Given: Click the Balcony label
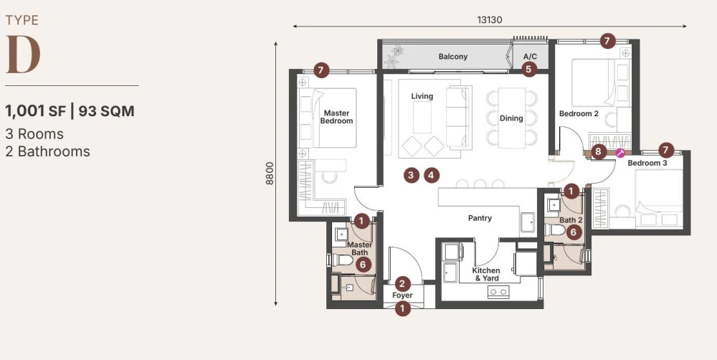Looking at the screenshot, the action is click(x=452, y=57).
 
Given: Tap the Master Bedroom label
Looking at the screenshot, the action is click(x=336, y=117).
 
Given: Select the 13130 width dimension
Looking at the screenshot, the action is click(x=490, y=19).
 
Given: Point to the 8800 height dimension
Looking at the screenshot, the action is click(x=270, y=174).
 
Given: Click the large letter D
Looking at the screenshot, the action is click(x=23, y=55).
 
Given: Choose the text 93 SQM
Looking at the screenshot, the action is click(x=107, y=111).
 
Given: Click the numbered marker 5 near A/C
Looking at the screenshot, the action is click(x=529, y=70).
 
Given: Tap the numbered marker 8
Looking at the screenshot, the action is click(x=598, y=151).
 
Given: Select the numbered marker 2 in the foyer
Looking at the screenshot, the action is click(x=402, y=284).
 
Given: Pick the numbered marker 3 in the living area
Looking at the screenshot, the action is click(x=411, y=175).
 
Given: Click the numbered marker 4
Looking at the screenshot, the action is click(x=431, y=175).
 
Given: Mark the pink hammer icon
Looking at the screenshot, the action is click(x=620, y=153).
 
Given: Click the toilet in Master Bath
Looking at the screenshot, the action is click(x=341, y=260).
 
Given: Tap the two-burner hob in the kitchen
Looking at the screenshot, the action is click(x=498, y=291).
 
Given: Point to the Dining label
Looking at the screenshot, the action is click(x=511, y=118).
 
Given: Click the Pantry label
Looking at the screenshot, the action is click(x=480, y=218).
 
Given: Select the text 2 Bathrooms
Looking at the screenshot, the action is click(x=47, y=151).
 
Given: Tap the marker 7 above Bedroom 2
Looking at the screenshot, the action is click(x=607, y=41).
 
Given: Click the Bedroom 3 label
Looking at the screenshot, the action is click(x=647, y=163).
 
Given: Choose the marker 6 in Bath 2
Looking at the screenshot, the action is click(x=574, y=232).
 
